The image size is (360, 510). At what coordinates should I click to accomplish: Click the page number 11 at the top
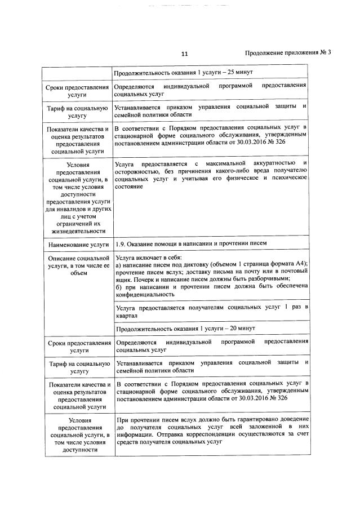tap(184, 54)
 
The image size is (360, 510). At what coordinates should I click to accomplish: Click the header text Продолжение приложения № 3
tap(288, 53)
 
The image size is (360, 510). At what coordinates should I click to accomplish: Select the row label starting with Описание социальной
tap(78, 258)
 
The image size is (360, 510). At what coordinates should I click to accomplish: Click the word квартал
tap(127, 316)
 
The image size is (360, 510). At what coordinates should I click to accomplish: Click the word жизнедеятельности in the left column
tap(78, 230)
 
